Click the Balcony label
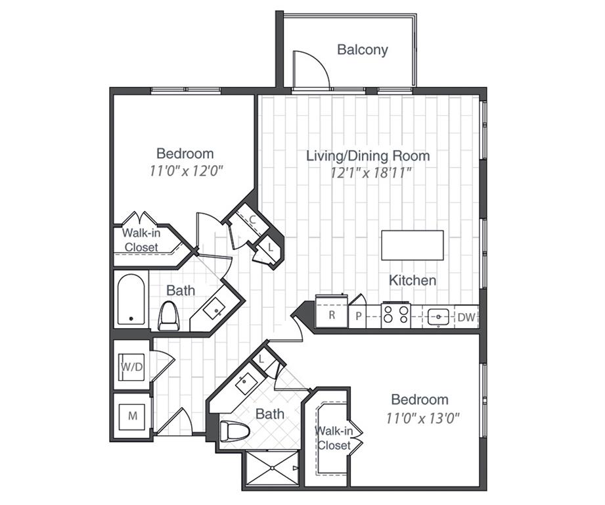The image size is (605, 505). pos(362,49)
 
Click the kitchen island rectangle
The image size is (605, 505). pos(413,245)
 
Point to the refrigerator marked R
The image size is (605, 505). pos(331,314)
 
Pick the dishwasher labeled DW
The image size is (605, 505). pos(466,318)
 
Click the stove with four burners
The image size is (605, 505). pos(396,315)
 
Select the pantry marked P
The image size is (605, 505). pos(359,314)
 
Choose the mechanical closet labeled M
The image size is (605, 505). pos(132,416)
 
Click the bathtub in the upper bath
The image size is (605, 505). pos(131,301)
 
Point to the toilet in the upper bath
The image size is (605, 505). pos(169,316)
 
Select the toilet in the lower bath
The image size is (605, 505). pos(232,432)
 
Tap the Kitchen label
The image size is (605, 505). pos(413,280)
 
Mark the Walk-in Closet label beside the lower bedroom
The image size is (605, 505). pos(334,438)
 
